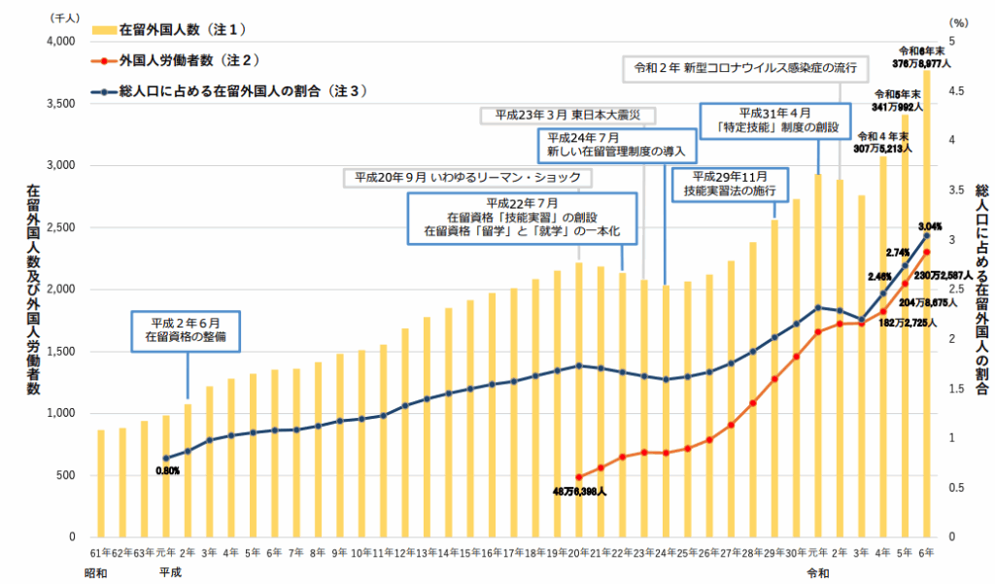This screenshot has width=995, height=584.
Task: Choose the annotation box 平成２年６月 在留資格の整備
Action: tap(184, 330)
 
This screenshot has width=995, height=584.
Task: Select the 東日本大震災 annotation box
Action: tap(567, 115)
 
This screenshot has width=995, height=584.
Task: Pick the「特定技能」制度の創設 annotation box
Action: tap(767, 120)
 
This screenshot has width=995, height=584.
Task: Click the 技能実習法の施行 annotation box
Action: tap(730, 184)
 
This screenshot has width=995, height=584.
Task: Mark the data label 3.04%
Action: tap(929, 225)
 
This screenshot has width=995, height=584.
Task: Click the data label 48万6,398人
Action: tap(579, 493)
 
